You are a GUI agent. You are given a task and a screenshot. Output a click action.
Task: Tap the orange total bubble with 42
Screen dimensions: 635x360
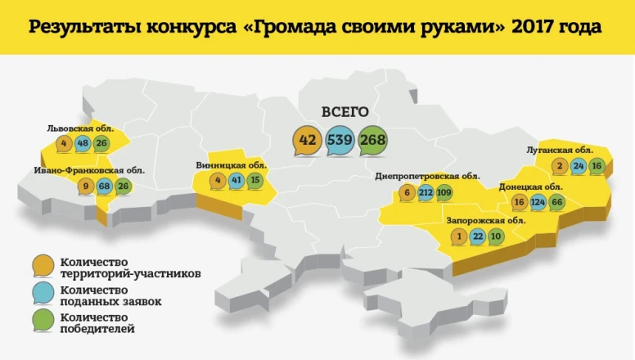308,140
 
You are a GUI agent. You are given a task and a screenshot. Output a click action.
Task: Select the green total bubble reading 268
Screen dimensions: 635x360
372,140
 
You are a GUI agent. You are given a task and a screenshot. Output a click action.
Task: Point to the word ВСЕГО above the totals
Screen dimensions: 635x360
345,112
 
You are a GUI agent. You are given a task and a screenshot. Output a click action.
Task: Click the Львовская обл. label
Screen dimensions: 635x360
80,129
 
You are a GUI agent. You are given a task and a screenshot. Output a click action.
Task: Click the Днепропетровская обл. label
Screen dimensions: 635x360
427,176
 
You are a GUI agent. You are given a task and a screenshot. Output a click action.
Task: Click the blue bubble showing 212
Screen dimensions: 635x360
426,193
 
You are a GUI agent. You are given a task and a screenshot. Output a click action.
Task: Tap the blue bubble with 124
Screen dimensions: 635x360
537,201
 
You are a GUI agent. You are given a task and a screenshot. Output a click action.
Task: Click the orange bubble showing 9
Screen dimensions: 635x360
84,186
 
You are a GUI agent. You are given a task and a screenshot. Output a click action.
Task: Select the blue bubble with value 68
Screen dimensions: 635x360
104,186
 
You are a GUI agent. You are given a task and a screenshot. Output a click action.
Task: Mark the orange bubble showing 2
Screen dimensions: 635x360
560,166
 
